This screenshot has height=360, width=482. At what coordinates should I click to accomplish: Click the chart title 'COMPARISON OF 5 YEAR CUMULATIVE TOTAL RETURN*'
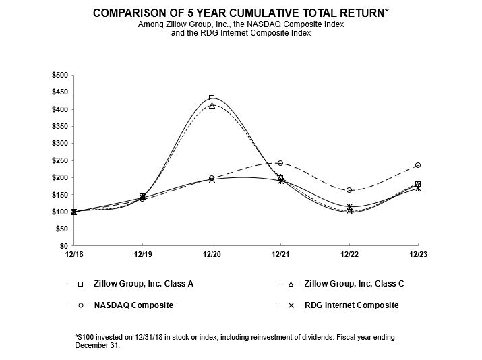(x=241, y=13)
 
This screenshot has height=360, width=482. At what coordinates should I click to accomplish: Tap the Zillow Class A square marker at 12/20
(x=212, y=98)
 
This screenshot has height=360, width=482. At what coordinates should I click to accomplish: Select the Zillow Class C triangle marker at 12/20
(x=212, y=106)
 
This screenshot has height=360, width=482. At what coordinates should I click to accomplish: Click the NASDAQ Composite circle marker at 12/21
(x=280, y=163)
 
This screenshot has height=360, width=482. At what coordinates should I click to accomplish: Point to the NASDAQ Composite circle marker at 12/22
(x=349, y=190)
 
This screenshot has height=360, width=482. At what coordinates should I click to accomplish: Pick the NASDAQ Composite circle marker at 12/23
(x=418, y=165)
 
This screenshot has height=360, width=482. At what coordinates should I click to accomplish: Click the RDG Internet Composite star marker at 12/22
(x=349, y=207)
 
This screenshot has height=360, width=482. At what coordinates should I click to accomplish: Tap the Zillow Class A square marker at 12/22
(x=349, y=212)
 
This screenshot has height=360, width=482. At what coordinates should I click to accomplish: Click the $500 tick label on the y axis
(x=60, y=75)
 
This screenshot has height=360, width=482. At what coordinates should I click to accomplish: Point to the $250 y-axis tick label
(x=60, y=160)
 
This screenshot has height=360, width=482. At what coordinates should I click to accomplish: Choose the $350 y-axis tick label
(x=60, y=126)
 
